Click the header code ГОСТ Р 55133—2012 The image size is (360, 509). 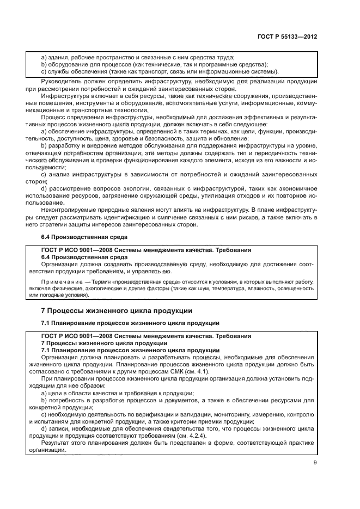[x=288, y=37]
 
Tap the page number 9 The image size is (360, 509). [x=315, y=463]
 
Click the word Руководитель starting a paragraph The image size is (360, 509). [x=61, y=82]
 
